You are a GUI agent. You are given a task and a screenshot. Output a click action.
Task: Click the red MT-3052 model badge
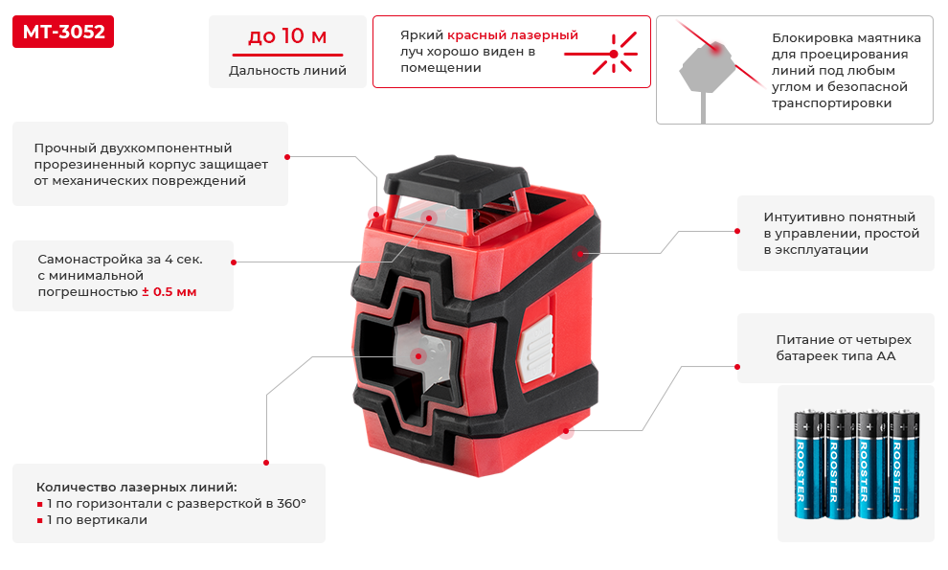click(63, 32)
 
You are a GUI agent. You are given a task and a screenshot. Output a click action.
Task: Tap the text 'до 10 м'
click(287, 36)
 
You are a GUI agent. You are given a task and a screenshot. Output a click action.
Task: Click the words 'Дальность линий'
click(287, 71)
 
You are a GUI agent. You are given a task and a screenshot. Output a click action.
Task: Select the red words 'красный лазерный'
click(512, 35)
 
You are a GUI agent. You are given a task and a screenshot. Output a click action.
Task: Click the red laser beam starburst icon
click(613, 54)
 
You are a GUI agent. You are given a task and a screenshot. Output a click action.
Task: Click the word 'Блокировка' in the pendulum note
click(807, 38)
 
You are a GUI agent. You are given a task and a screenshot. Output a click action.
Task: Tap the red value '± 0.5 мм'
click(169, 291)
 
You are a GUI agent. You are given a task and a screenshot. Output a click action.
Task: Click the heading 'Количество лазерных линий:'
click(137, 487)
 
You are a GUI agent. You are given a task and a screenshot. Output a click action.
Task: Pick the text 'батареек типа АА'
click(836, 356)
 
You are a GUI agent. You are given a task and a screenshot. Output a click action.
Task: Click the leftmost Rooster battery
click(809, 465)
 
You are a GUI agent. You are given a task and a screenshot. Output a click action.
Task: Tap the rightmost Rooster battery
click(905, 465)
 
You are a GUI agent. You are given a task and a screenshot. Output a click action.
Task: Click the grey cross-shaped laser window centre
click(420, 356)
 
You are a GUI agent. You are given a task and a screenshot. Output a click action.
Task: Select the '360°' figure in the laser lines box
click(291, 504)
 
